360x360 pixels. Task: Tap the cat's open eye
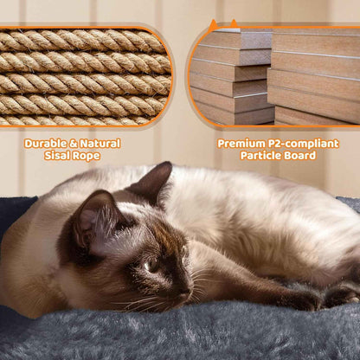[x=151, y=266]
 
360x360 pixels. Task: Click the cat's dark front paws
[x=320, y=299]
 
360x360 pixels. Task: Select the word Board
[x=299, y=157]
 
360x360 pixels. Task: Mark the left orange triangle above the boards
[x=214, y=27]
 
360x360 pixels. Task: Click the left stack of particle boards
[x=229, y=78]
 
